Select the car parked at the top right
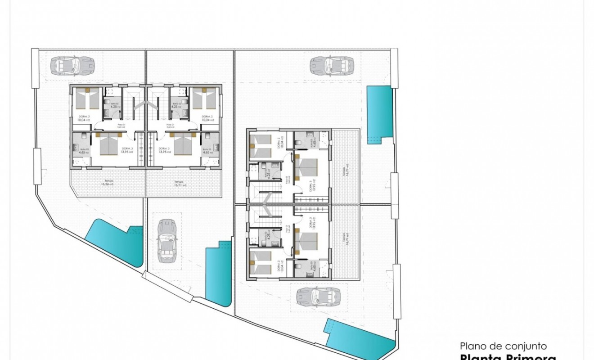coord(332,66)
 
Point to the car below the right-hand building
coord(319,297)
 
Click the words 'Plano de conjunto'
coord(503,346)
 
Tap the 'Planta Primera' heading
coord(508,358)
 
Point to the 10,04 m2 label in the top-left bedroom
coord(84,120)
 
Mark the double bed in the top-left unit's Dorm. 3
coord(108,145)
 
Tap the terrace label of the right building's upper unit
coord(346,170)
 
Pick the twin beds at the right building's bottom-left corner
coord(260,262)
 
